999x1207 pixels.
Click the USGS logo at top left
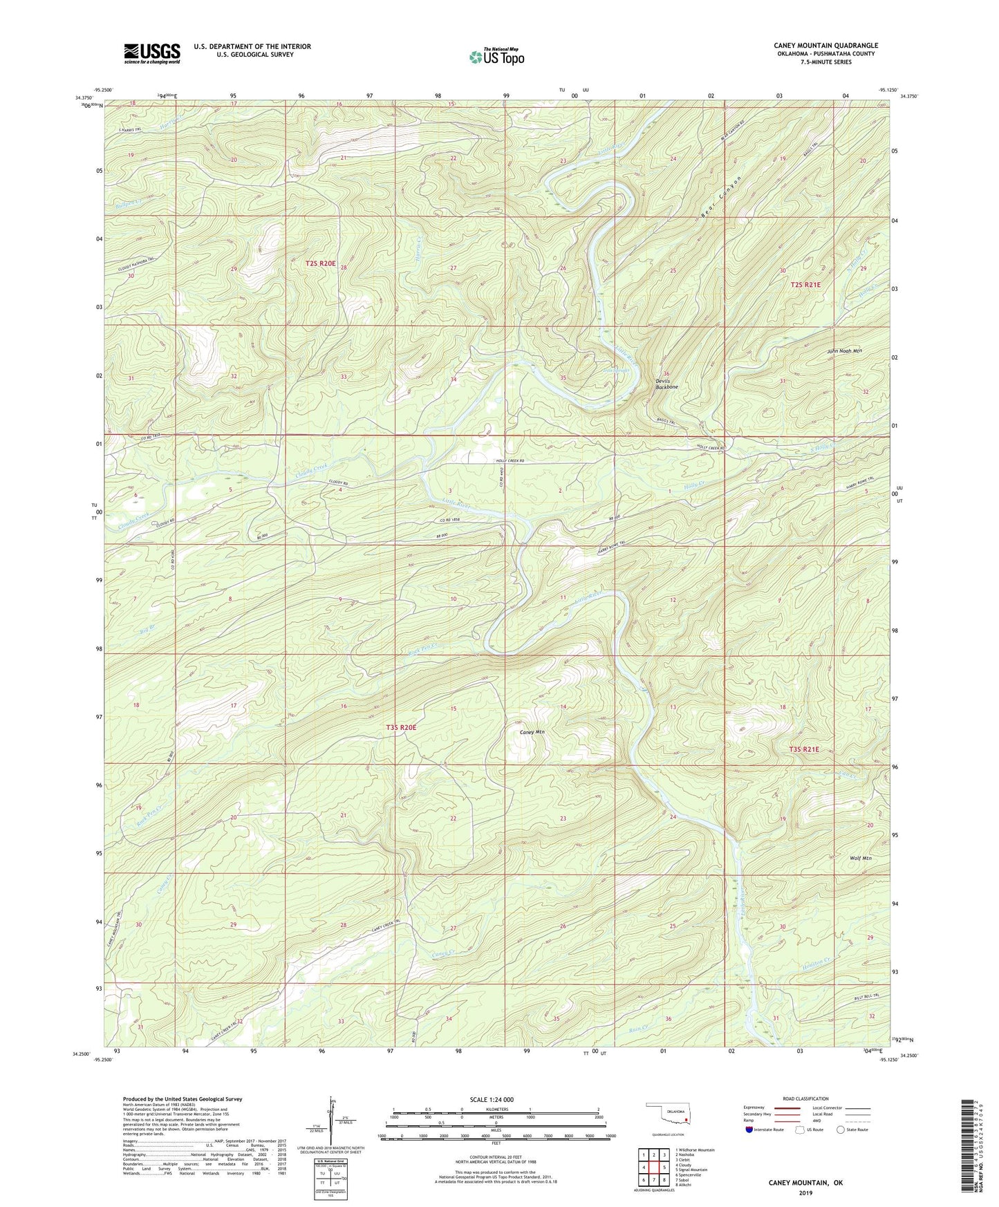click(152, 53)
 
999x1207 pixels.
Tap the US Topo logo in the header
click(496, 57)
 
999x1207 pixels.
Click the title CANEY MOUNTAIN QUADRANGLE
click(825, 46)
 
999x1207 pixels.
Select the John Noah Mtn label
click(844, 351)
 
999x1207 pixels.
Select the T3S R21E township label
click(803, 749)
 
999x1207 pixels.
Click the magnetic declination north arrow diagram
click(331, 1121)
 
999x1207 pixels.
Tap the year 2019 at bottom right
click(805, 1192)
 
